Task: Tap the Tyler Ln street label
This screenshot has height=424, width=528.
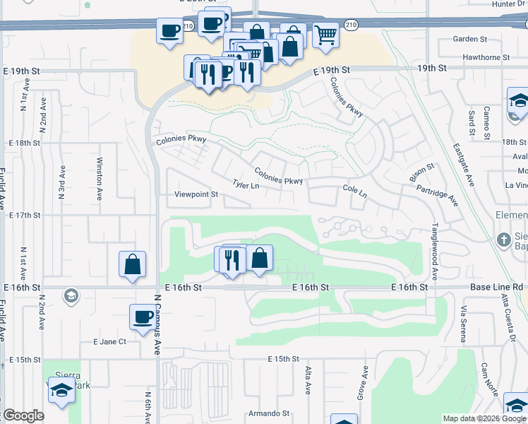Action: [246, 185]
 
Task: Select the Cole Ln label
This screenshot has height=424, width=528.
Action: [355, 190]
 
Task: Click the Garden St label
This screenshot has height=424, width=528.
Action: [471, 39]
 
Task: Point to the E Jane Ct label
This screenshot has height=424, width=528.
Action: [109, 341]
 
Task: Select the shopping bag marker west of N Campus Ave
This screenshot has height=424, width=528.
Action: [132, 265]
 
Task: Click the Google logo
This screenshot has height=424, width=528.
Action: [23, 416]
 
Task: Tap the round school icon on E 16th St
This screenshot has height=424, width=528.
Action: [71, 295]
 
